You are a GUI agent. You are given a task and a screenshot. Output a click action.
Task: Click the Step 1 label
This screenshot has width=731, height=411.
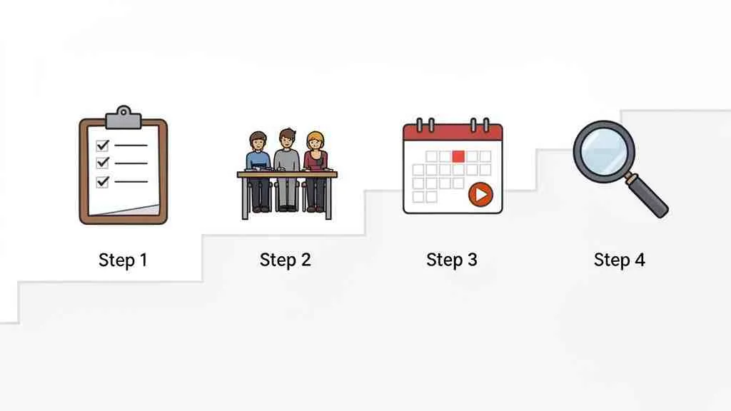point(123,260)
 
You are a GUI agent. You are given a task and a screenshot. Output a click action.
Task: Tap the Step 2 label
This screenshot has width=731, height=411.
point(286,260)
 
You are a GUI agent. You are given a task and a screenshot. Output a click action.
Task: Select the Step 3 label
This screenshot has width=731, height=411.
point(452,260)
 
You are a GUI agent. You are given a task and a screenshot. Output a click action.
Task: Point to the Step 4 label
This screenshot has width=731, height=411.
point(619,260)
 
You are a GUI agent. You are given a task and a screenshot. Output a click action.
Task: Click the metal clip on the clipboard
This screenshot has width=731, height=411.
point(123,116)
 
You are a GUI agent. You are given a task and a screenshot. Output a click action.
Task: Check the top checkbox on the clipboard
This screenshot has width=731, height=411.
point(102,146)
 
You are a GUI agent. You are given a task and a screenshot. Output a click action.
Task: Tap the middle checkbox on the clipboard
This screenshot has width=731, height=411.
point(102,163)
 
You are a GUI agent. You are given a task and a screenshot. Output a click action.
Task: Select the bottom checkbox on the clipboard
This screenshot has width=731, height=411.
point(102,181)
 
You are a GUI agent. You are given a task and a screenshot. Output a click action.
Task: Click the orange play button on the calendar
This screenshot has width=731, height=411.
point(480,193)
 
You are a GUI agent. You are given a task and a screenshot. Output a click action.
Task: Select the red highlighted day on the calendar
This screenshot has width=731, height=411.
point(458,156)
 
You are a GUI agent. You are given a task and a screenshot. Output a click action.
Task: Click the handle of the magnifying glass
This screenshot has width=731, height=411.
point(650,199)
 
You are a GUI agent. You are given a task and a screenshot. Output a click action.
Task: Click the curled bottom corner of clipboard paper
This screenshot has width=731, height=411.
point(146,210)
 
